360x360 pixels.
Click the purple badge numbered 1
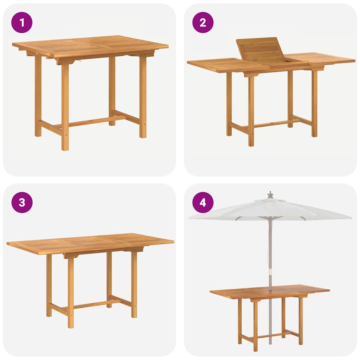point(22,22)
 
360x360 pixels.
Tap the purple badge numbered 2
point(203,22)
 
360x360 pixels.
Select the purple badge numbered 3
point(22,202)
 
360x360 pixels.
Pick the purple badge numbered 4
point(203,202)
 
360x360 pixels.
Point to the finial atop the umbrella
point(270,195)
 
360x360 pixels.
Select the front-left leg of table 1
point(65,105)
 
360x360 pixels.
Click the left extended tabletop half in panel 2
point(225,65)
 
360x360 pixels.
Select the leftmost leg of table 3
point(49,285)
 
